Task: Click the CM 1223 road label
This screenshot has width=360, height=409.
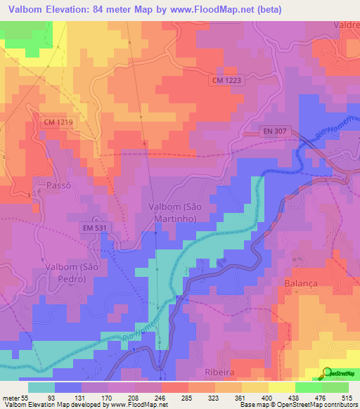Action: pos(226,82)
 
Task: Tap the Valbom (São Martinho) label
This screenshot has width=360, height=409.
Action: pos(175,212)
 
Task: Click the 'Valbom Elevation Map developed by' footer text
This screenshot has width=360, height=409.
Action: pos(53,404)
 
